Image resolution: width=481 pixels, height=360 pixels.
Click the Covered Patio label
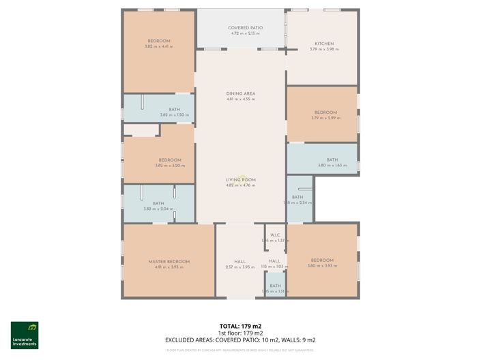(x=246, y=28)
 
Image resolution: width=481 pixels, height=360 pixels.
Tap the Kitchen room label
(x=323, y=44)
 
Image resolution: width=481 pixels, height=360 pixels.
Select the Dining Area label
(x=240, y=93)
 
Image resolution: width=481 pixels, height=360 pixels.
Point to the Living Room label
(x=240, y=179)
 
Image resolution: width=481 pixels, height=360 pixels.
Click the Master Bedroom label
(x=169, y=261)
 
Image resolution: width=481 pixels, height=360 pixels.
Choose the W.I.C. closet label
(x=275, y=235)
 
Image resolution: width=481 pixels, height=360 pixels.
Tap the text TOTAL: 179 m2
(x=240, y=327)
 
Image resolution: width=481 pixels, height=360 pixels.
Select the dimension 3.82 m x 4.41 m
(x=158, y=46)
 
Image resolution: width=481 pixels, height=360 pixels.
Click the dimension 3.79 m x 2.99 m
(x=325, y=118)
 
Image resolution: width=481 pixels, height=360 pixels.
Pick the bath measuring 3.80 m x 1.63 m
(x=332, y=165)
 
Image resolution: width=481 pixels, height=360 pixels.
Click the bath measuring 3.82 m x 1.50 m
(x=174, y=115)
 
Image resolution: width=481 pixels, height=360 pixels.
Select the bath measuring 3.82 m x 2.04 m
(x=158, y=209)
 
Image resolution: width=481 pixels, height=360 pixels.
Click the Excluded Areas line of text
(x=240, y=340)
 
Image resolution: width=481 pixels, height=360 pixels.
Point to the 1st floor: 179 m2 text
(x=240, y=333)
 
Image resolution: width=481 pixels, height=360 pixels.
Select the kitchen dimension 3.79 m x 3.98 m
(x=323, y=49)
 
